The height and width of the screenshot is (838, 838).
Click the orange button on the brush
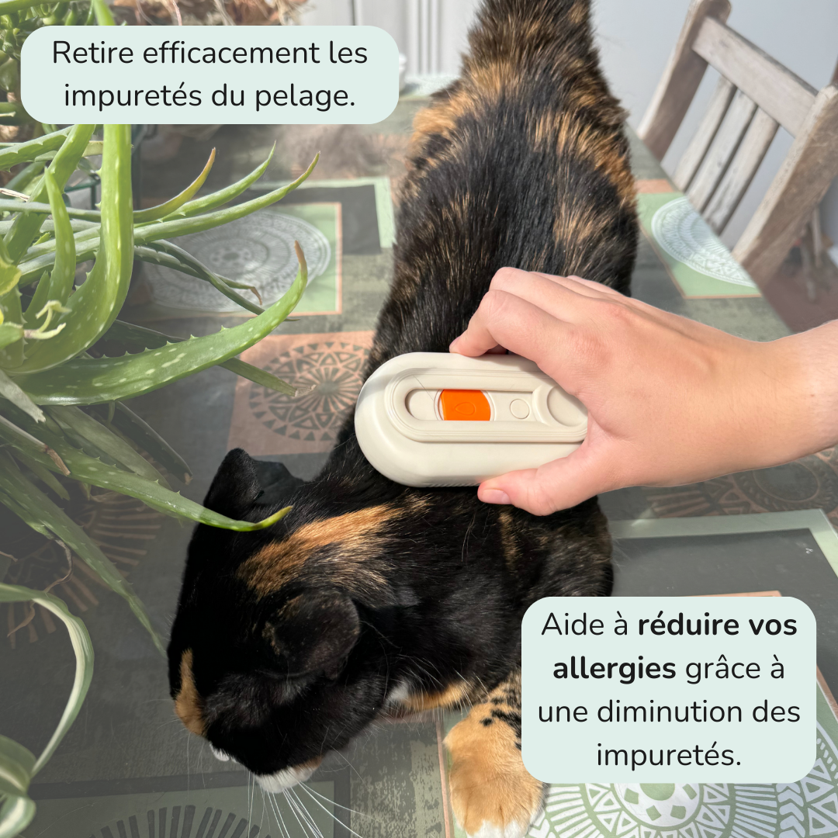point(464,405)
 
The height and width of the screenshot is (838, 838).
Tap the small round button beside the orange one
point(519,409)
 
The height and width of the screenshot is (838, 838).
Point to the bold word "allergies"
point(615,669)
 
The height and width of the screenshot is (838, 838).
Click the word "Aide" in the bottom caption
point(571,625)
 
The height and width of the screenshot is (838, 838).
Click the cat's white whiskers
point(300,807)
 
